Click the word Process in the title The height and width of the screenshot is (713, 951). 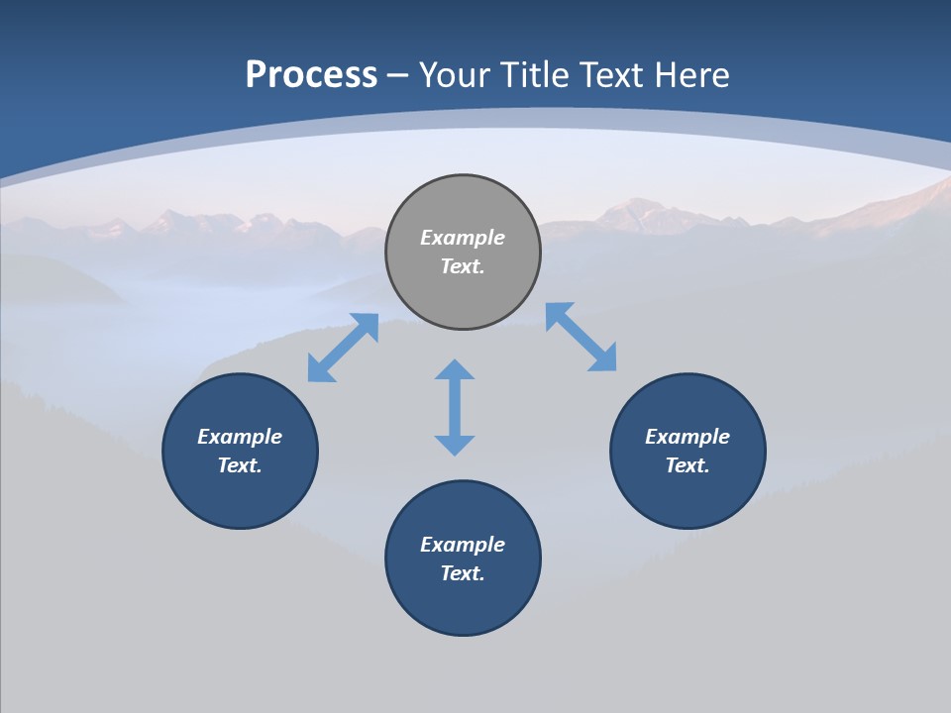(311, 75)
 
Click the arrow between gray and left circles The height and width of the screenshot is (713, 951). (343, 348)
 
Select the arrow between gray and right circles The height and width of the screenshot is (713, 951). (581, 337)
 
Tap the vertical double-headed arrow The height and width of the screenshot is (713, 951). (455, 407)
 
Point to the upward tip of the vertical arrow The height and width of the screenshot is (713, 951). (455, 363)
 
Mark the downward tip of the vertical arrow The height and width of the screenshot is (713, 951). (455, 452)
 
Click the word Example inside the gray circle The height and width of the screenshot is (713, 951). (463, 238)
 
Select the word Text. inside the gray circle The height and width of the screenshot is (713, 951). (463, 266)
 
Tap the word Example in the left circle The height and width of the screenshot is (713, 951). (240, 437)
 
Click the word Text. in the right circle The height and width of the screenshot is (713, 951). (687, 465)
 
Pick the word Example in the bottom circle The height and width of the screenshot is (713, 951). (463, 545)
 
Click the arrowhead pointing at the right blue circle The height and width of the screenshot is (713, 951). (603, 358)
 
